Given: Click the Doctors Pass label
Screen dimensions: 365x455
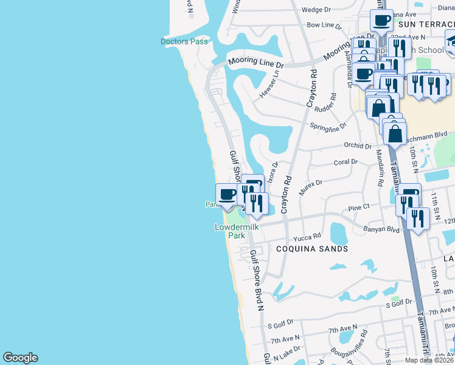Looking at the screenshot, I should [x=184, y=41].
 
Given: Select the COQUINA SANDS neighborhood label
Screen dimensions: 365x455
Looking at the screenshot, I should [x=311, y=249].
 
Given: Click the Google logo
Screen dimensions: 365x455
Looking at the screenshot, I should [x=20, y=358].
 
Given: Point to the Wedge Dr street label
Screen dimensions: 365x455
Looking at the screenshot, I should [x=316, y=10].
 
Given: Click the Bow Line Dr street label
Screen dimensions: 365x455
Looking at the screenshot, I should [x=325, y=26].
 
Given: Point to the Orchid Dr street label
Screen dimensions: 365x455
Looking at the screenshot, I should [x=357, y=146].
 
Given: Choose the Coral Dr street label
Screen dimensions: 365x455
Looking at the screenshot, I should [x=346, y=162].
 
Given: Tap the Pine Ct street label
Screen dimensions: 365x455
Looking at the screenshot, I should [x=359, y=207].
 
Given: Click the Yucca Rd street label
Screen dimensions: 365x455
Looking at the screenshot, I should [x=307, y=237].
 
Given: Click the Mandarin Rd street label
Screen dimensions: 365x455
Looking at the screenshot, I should [x=379, y=168].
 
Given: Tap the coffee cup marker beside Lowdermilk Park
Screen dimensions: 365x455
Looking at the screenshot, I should [x=227, y=195].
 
